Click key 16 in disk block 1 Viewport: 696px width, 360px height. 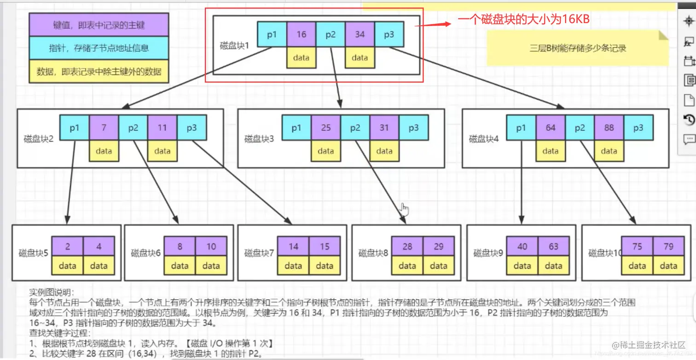pos(302,35)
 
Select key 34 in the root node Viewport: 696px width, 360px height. pos(360,35)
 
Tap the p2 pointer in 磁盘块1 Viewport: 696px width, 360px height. pos(331,35)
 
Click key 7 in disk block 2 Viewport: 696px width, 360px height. pos(104,128)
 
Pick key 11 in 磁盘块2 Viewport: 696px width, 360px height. pos(162,128)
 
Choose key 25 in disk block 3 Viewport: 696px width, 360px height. pos(325,128)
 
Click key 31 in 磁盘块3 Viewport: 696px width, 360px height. pos(384,128)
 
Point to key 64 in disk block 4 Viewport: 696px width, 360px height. pos(551,128)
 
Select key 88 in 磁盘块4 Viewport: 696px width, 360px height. pos(609,128)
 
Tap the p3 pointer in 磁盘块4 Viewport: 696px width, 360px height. pos(638,128)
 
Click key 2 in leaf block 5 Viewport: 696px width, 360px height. pos(67,246)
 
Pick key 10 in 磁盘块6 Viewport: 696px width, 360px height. pos(211,246)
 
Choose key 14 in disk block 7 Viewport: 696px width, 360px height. pos(293,246)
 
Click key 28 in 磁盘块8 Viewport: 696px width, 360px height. pos(407,246)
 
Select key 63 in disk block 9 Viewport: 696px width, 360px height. pos(553,246)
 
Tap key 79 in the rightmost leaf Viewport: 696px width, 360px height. pos(668,246)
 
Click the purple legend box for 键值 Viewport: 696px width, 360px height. pos(99,25)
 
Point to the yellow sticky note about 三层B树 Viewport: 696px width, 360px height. pos(577,48)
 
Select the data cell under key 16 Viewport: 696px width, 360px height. pos(302,58)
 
